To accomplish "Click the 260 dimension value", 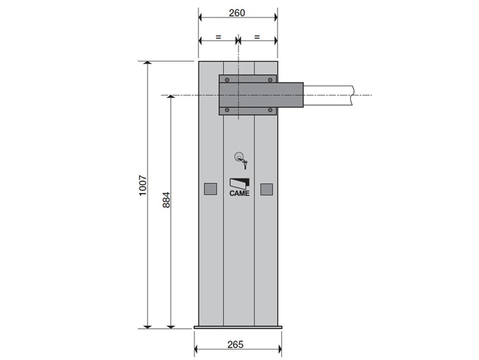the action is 237,13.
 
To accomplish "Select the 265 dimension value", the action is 236,345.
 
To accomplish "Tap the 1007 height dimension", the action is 143,185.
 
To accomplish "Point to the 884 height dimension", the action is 166,200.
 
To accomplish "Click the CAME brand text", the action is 239,194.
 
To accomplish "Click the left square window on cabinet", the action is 210,189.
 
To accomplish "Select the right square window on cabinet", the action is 266,189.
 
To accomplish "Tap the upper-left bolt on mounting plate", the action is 227,80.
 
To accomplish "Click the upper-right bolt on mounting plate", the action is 270,80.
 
